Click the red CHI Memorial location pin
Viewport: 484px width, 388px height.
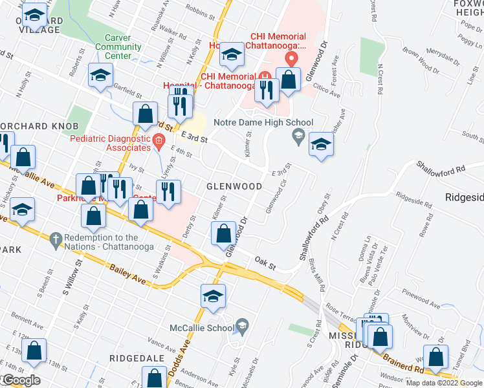(x=291, y=58)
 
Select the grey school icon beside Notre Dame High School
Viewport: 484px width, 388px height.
(x=298, y=135)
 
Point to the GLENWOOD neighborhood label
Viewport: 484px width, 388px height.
(x=234, y=186)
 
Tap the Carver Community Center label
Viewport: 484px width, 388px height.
(x=118, y=47)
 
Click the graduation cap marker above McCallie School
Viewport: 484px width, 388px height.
(x=213, y=296)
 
